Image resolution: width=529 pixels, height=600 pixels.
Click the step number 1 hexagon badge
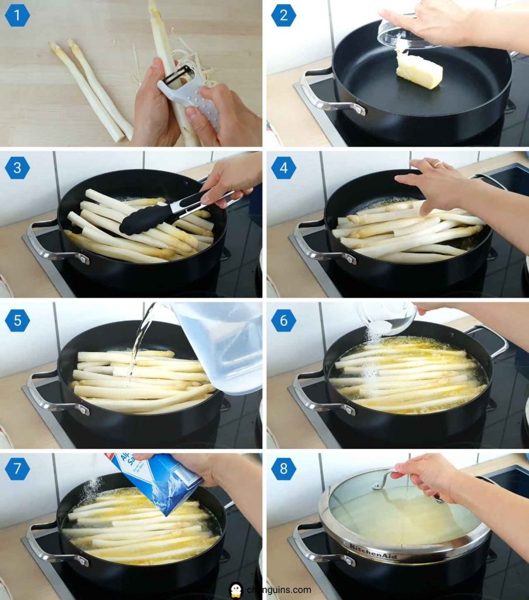point(17,16)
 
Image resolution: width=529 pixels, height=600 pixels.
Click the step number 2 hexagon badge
point(283,16)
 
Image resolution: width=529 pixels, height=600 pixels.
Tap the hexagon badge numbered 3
point(17,168)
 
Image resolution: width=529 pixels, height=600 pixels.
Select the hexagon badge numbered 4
point(283,168)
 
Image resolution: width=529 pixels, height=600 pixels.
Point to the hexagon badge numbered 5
point(17,320)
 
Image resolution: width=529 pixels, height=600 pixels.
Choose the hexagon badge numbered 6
point(283,320)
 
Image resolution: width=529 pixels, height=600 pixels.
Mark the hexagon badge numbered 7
point(17,469)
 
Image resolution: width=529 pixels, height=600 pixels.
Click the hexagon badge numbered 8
point(283,469)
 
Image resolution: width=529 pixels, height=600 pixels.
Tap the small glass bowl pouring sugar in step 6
point(386,318)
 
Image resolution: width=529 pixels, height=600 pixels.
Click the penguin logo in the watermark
point(236,589)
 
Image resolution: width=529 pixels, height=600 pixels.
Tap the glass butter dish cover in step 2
point(404,35)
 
